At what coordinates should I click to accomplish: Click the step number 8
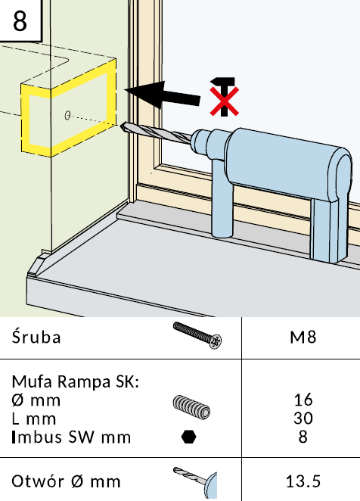pyautogui.click(x=20, y=20)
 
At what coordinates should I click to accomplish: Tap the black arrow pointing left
pyautogui.click(x=163, y=95)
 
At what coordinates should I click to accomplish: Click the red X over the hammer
pyautogui.click(x=224, y=101)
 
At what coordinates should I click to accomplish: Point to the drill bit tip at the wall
pyautogui.click(x=122, y=126)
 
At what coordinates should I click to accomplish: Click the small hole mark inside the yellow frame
pyautogui.click(x=67, y=115)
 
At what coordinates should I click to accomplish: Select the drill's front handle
pyautogui.click(x=222, y=198)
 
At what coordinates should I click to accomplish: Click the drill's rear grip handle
pyautogui.click(x=328, y=229)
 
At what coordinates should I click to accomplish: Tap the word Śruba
pyautogui.click(x=36, y=337)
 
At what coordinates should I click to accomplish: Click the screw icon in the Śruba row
pyautogui.click(x=197, y=335)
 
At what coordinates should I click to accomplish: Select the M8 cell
pyautogui.click(x=303, y=338)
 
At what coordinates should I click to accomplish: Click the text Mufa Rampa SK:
pyautogui.click(x=76, y=381)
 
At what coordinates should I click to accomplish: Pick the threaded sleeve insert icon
pyautogui.click(x=191, y=407)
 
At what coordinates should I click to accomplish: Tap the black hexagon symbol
pyautogui.click(x=189, y=437)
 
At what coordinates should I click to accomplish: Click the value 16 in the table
pyautogui.click(x=303, y=400)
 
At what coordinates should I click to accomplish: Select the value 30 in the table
pyautogui.click(x=303, y=419)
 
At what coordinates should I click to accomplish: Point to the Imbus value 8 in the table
pyautogui.click(x=303, y=437)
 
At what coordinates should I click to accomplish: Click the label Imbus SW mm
pyautogui.click(x=71, y=437)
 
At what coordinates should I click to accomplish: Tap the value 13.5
pyautogui.click(x=303, y=481)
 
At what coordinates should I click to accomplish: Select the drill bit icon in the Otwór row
pyautogui.click(x=195, y=483)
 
